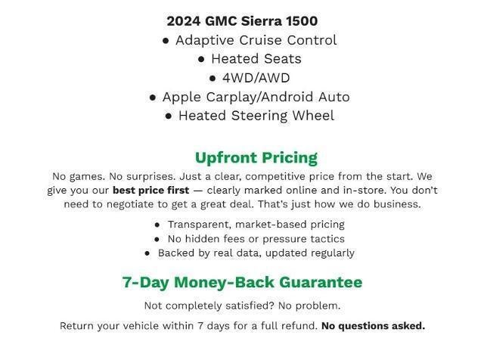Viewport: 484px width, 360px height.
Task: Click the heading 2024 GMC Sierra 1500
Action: [242, 21]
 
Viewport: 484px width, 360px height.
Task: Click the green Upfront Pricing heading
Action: [256, 158]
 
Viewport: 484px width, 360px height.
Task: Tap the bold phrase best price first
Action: [150, 191]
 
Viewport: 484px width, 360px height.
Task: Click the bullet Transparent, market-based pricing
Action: [256, 225]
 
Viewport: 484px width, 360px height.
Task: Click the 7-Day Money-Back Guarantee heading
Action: [242, 283]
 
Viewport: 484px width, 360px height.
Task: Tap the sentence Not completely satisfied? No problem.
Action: [242, 306]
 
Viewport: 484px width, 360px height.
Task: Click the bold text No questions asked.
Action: [373, 326]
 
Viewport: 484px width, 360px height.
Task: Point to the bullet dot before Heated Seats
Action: [201, 60]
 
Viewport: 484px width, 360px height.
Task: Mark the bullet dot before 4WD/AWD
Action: [213, 79]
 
